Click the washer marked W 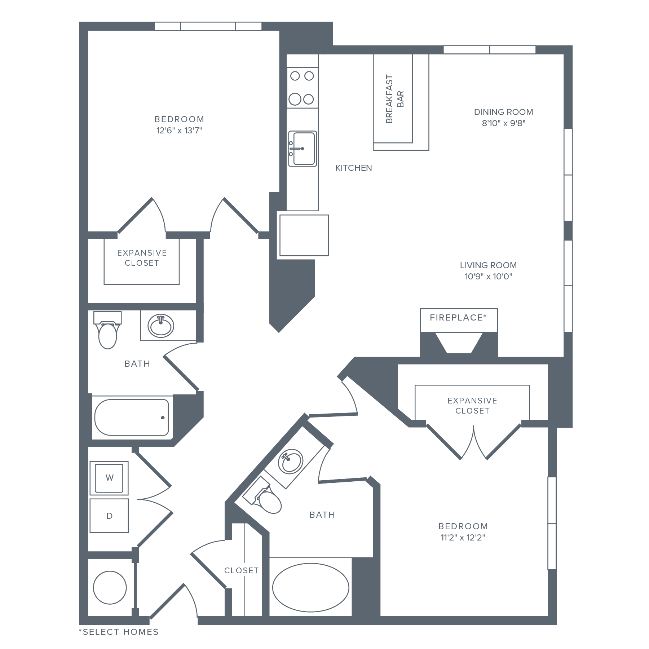pos(109,478)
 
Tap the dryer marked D pos(109,516)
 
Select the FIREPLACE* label pos(458,318)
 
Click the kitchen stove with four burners pos(302,88)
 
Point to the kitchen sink pos(303,149)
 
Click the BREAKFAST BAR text pos(394,100)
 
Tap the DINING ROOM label pos(503,112)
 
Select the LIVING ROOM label pos(488,266)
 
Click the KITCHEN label pos(353,168)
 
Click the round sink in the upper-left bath pos(161,326)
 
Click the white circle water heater pos(110,587)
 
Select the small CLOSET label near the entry pos(240,570)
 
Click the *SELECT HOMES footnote pos(119,632)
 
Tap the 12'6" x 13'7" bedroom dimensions pos(179,130)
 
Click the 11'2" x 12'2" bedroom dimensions pos(463,538)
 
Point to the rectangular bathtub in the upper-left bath pos(132,417)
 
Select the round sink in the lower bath pos(291,461)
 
